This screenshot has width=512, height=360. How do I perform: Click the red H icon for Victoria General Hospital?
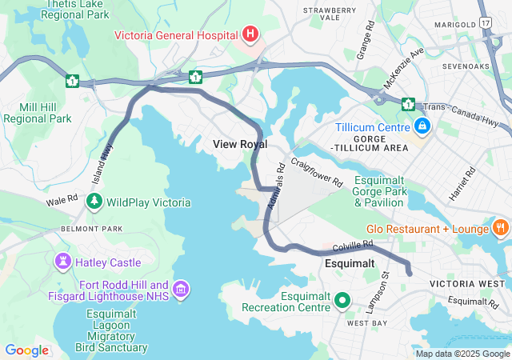[x=251, y=34]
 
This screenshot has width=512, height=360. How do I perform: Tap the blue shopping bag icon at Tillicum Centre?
[x=422, y=126]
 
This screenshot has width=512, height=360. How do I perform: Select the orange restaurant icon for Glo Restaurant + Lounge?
[x=501, y=229]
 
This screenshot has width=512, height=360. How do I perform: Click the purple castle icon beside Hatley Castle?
[x=62, y=262]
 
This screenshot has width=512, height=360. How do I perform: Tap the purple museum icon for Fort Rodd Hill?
[x=181, y=289]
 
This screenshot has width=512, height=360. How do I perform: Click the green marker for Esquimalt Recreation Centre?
[x=343, y=301]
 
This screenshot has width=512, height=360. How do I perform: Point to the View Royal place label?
[x=240, y=144]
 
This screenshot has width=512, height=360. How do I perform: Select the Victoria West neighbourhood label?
[x=466, y=284]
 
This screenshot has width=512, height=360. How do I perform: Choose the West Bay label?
[x=366, y=323]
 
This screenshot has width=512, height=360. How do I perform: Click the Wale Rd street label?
[x=62, y=200]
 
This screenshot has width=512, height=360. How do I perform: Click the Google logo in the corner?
[x=26, y=350]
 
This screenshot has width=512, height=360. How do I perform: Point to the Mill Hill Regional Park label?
[x=37, y=112]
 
